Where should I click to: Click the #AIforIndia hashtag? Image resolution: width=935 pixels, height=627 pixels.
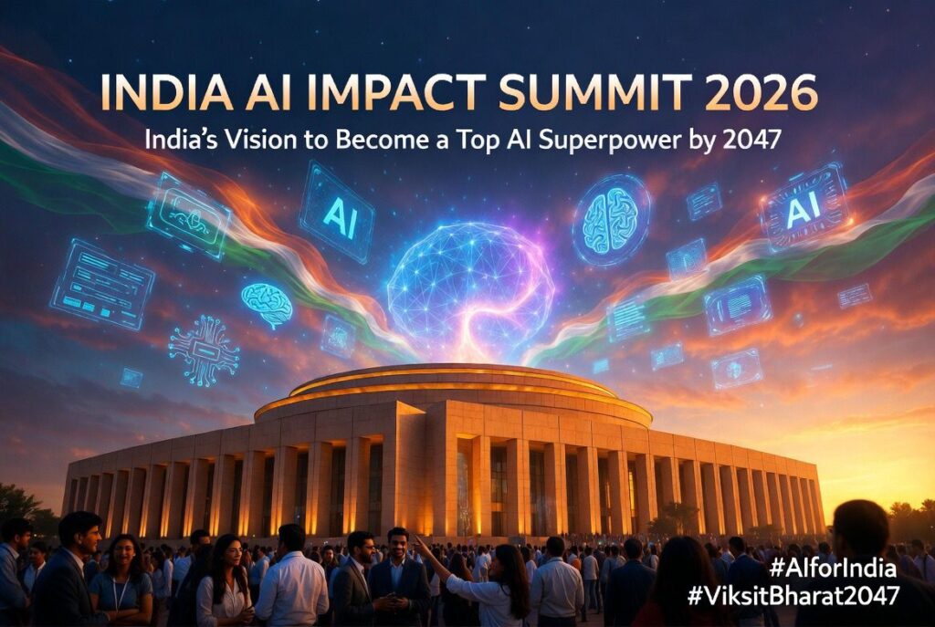tap(832, 569)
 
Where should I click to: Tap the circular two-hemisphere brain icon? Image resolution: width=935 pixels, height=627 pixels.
tap(611, 220)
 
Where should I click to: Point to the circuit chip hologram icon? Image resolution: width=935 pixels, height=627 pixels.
tap(203, 350)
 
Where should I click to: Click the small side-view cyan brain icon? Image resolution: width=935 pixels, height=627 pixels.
tap(267, 303)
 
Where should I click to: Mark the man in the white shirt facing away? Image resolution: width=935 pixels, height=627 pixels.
tap(291, 580)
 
